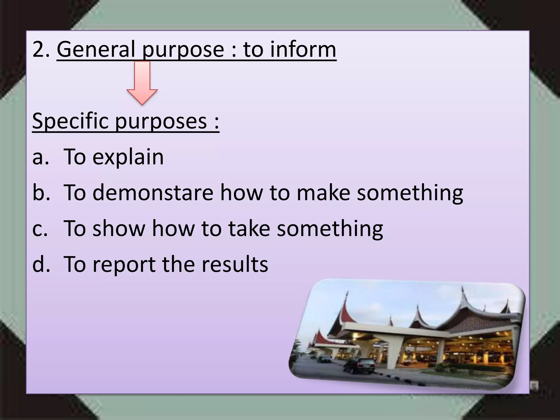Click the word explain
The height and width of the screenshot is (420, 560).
pyautogui.click(x=128, y=157)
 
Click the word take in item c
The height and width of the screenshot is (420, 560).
pyautogui.click(x=249, y=228)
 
